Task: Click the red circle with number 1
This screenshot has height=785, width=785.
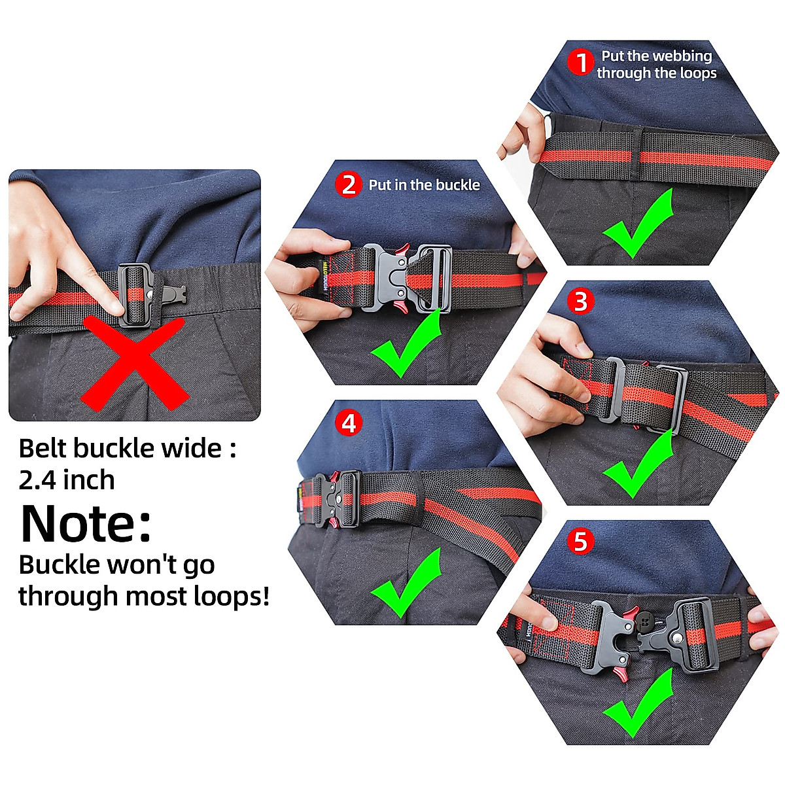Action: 580,63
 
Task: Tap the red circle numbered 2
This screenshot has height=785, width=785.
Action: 349,184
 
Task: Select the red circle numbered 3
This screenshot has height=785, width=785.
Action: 580,302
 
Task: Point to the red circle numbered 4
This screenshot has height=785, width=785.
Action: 349,423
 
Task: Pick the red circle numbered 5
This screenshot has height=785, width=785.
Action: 580,541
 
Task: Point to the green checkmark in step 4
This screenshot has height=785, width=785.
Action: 406,582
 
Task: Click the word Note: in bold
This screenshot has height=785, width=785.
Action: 86,524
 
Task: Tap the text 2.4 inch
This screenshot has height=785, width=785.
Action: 67,480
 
